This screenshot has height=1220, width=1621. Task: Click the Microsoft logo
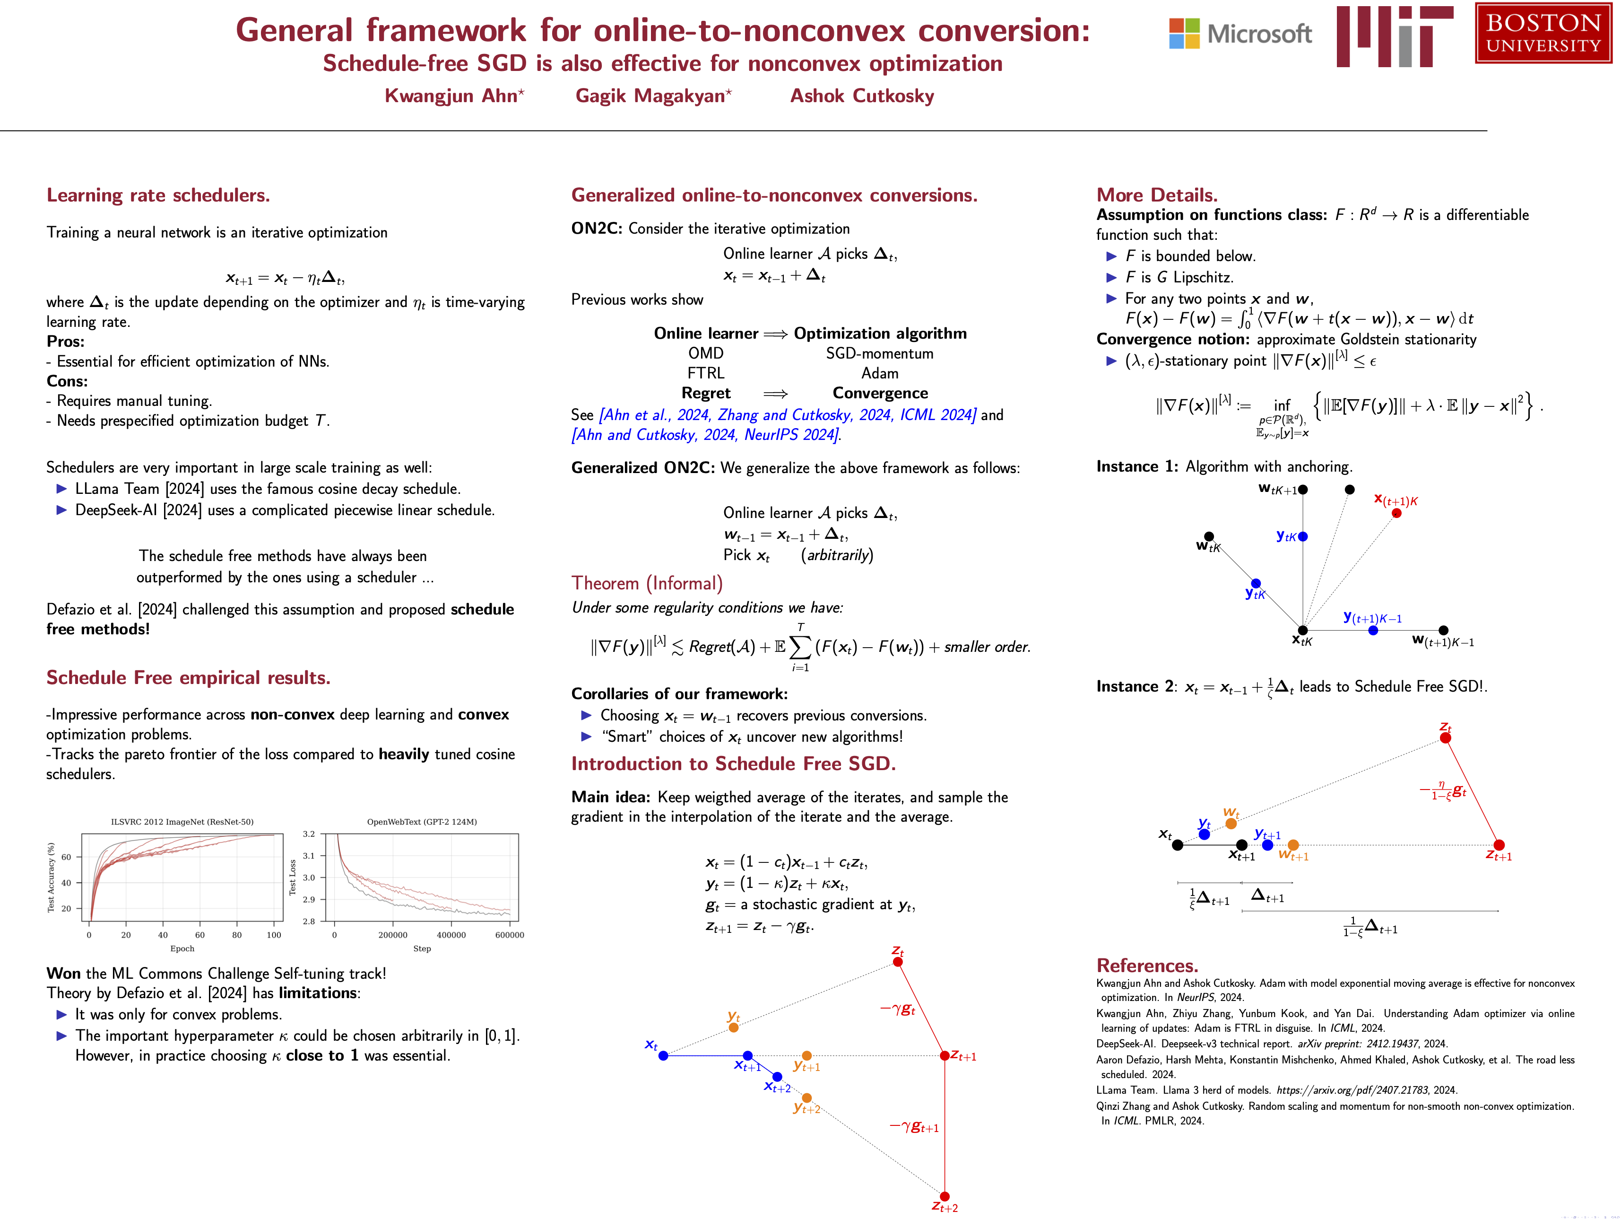1240,34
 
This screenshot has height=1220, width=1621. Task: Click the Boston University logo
1543,33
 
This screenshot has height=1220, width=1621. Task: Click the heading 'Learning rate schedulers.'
158,195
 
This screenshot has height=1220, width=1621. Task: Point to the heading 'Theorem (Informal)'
646,583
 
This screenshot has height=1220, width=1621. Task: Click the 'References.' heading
1147,965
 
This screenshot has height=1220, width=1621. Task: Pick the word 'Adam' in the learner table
879,373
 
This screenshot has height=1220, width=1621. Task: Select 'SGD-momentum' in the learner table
879,353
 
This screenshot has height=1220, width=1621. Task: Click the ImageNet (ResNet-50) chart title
182,822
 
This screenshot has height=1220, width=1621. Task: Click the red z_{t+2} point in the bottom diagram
945,1196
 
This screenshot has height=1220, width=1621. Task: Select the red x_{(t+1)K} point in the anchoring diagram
1396,512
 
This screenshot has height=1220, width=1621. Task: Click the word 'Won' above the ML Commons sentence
64,974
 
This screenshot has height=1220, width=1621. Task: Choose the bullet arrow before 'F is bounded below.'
1111,256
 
